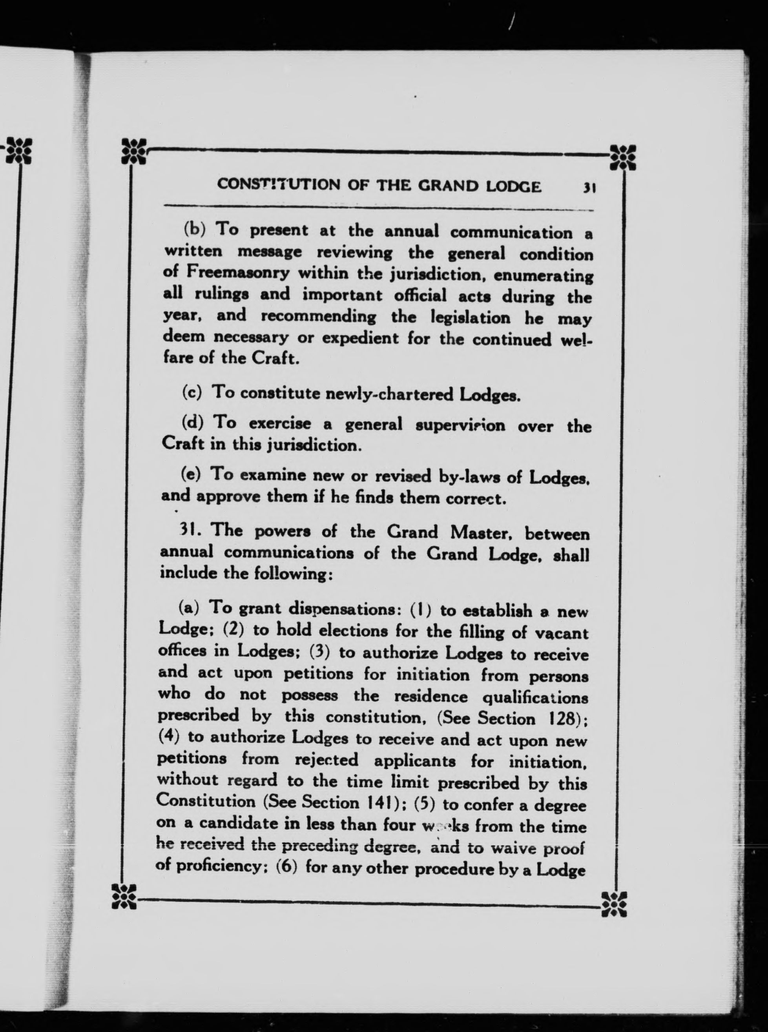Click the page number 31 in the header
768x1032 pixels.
[x=589, y=187]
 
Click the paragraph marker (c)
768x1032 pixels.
[x=192, y=393]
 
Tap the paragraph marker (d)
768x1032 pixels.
[x=192, y=423]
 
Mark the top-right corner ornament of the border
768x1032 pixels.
[x=622, y=157]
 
